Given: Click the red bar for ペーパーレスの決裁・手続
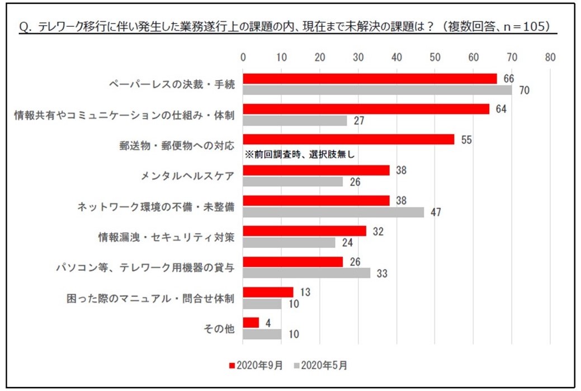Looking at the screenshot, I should [x=370, y=79].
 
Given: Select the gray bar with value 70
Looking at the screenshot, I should [x=377, y=89].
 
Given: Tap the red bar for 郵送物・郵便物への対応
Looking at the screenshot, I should [x=349, y=140].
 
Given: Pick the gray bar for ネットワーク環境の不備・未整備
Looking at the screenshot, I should [x=333, y=212].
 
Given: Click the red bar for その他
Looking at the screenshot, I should [x=251, y=323].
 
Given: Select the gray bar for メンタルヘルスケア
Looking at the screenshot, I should [x=293, y=182].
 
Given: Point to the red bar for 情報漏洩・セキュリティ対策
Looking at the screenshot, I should [x=305, y=231].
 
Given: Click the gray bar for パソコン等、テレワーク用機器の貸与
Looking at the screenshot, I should [x=306, y=273].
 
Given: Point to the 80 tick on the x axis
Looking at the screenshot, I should [x=550, y=57].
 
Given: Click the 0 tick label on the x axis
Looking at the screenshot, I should [x=243, y=57].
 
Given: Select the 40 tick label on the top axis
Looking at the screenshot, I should [x=397, y=57].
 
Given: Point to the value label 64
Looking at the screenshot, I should [x=501, y=109].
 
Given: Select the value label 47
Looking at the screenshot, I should [x=436, y=213].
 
